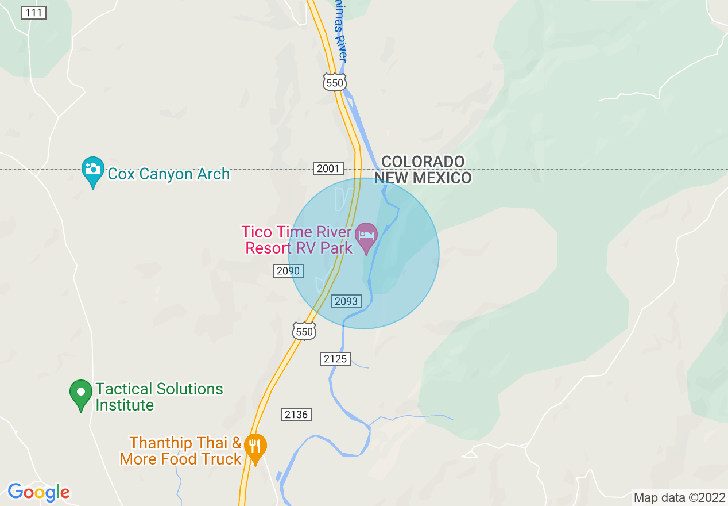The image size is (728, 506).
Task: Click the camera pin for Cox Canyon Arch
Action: tap(92, 170)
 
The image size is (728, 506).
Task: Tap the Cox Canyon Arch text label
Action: tap(169, 174)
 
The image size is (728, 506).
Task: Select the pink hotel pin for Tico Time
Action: tap(366, 236)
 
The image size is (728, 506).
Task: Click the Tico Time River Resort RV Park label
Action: tap(296, 240)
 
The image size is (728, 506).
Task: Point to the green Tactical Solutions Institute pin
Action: tap(81, 393)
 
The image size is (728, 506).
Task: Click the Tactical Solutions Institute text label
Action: tap(159, 397)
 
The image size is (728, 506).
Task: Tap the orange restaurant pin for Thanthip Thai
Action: tap(255, 447)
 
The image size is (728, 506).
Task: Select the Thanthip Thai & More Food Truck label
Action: tap(181, 451)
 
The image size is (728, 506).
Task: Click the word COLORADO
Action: tap(423, 162)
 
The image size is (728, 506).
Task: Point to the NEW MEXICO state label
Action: tap(423, 178)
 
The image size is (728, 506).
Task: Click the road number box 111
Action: tap(34, 13)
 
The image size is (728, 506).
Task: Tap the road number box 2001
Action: tap(329, 168)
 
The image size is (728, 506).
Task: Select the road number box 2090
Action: tap(288, 270)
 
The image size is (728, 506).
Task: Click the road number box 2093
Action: tap(346, 301)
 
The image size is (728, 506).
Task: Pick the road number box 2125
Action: tap(335, 359)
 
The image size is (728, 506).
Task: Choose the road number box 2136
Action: tap(296, 414)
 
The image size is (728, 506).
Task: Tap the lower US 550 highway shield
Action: tap(304, 331)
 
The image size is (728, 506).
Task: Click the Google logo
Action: tap(38, 492)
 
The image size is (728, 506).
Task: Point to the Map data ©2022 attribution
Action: tap(679, 497)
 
